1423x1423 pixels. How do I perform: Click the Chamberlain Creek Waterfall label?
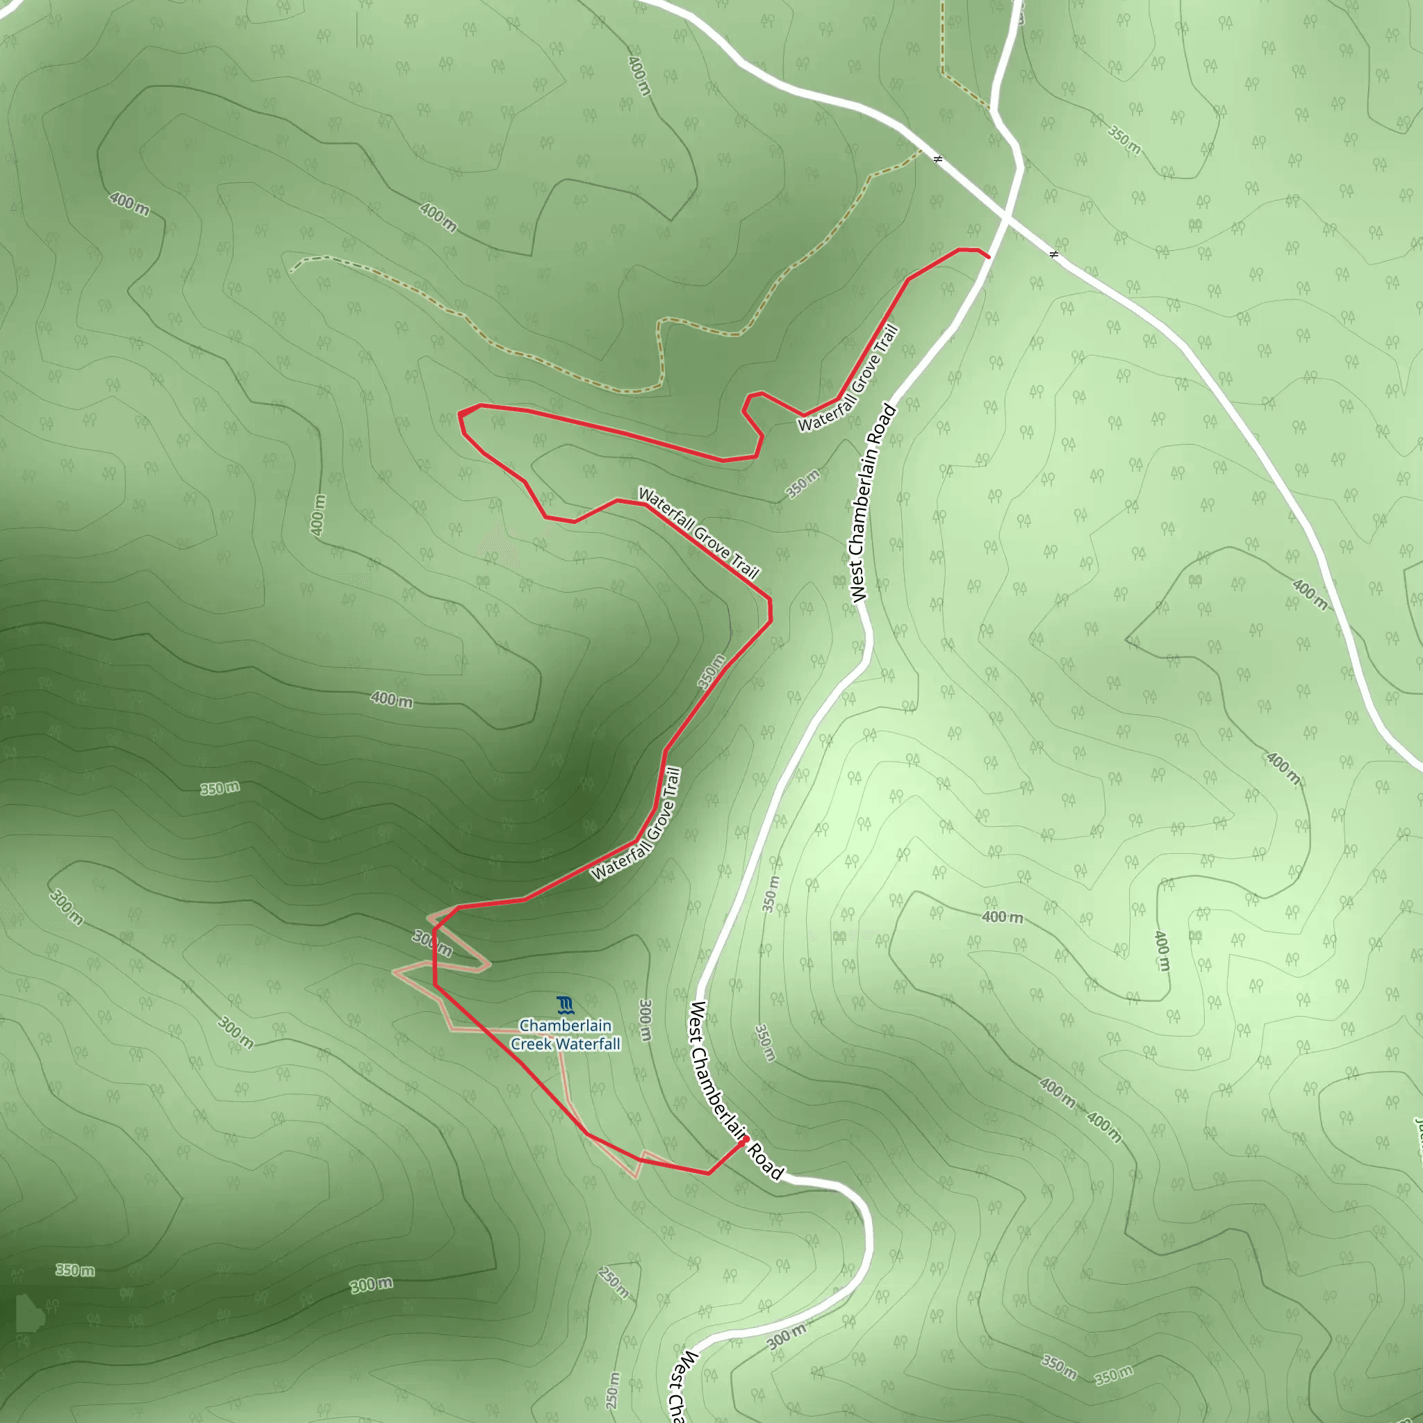(x=566, y=1034)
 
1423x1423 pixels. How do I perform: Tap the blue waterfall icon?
(x=566, y=1005)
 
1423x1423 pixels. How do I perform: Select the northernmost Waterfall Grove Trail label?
(x=848, y=379)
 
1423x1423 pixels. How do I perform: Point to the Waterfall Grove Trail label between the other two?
(x=698, y=532)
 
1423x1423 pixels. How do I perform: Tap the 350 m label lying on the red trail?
(x=711, y=671)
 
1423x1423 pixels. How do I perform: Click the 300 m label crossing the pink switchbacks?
(x=432, y=943)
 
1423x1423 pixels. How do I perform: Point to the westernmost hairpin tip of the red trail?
(x=459, y=413)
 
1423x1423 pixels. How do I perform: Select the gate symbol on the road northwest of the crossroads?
(x=937, y=158)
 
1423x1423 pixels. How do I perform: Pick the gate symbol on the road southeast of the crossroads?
(x=1054, y=254)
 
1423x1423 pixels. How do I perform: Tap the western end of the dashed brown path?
(x=292, y=270)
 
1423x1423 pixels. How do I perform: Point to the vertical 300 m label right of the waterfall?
(x=645, y=1019)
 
